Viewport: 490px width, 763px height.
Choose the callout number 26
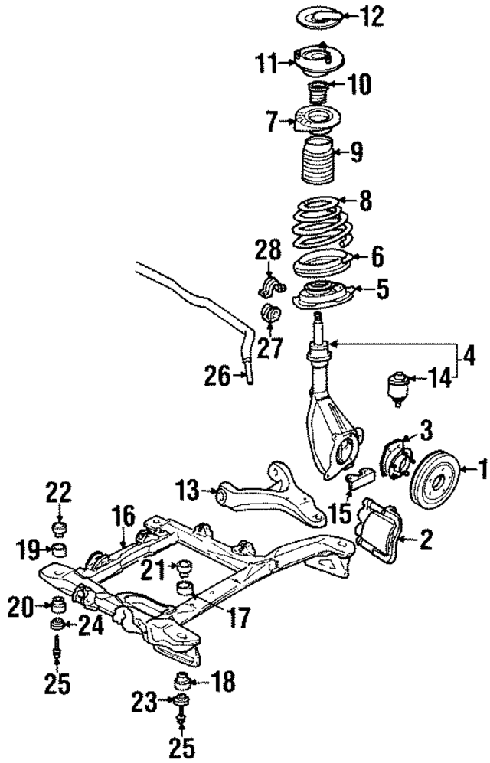217,374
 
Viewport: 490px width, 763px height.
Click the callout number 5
381,289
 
